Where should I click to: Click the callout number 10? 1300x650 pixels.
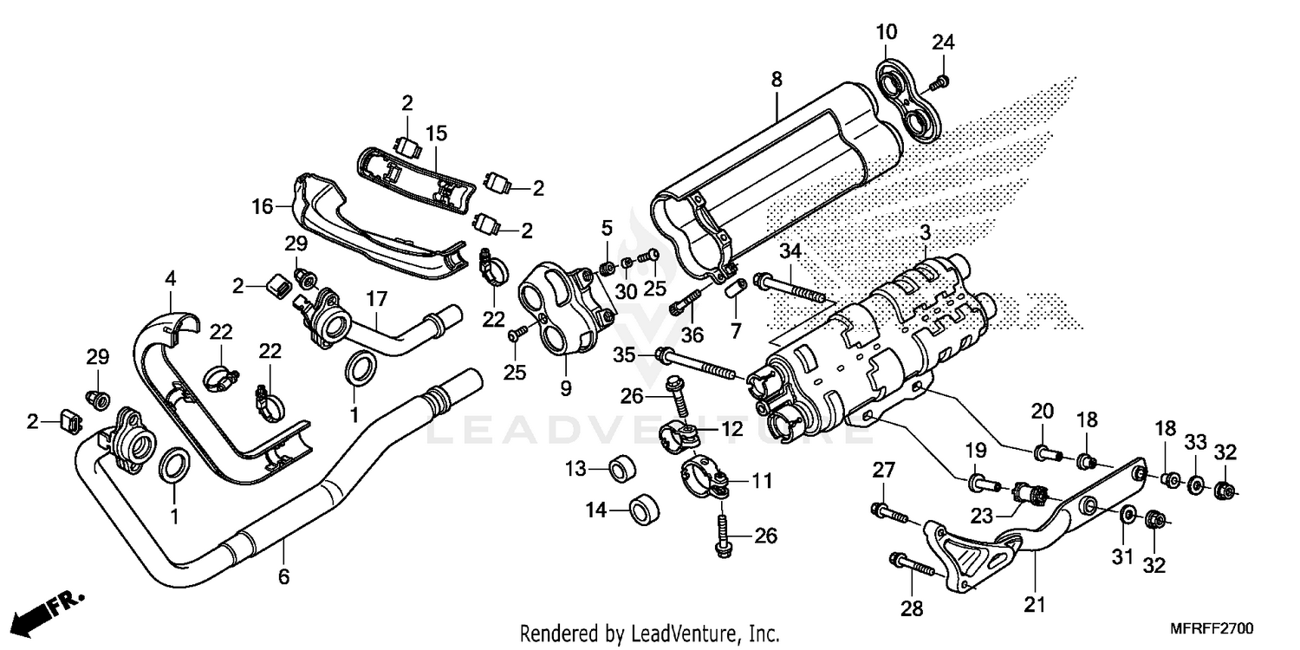click(x=886, y=34)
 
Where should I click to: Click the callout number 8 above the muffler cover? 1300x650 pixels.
click(x=777, y=80)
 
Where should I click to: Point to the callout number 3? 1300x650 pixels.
click(x=926, y=233)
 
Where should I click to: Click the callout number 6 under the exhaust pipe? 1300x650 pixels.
click(x=283, y=575)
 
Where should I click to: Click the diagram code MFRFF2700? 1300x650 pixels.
click(x=1215, y=627)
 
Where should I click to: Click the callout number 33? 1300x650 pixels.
click(x=1196, y=442)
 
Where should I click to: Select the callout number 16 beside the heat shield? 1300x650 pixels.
click(x=262, y=207)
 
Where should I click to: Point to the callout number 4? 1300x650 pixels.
click(x=171, y=279)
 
